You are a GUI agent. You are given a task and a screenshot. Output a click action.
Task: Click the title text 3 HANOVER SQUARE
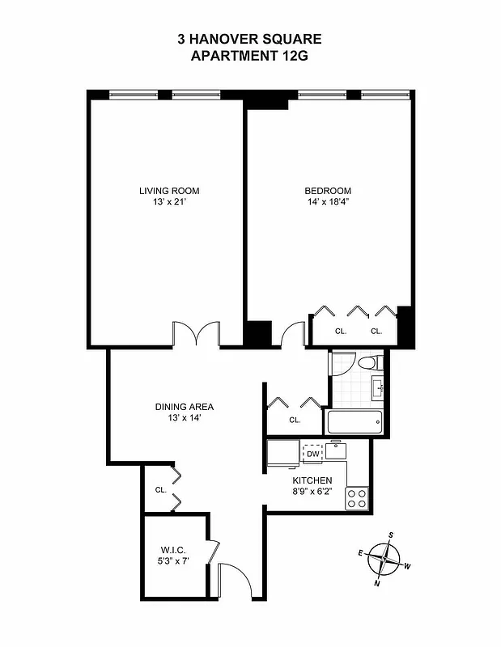249,39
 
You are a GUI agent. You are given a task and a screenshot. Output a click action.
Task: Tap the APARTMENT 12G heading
249,56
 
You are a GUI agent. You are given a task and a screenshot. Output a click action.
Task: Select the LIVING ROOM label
169,191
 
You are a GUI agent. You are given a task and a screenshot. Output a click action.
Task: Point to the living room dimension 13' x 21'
169,202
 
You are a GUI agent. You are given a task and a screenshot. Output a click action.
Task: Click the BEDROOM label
328,191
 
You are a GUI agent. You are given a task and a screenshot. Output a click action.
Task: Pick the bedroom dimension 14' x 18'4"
328,202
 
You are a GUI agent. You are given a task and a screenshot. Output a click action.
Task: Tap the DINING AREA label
185,407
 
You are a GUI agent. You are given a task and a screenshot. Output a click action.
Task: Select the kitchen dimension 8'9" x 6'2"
312,489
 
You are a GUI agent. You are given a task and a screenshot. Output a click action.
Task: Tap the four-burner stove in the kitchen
357,498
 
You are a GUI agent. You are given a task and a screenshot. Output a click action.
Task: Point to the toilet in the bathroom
372,362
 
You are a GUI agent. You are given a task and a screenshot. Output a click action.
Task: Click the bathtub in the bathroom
354,421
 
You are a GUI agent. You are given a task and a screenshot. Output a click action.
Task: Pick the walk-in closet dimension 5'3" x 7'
174,561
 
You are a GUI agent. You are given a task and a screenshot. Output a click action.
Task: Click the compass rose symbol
384,558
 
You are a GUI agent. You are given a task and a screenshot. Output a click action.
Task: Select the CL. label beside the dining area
161,490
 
